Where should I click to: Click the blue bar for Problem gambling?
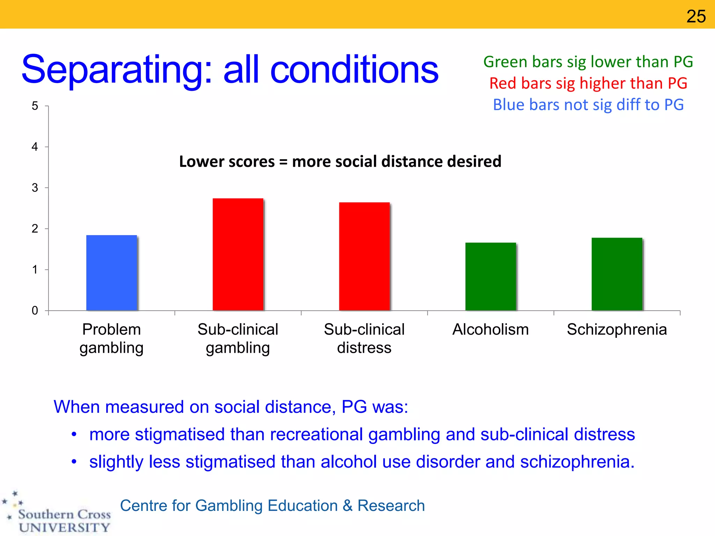pos(112,273)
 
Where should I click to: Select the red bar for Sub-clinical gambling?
pos(238,254)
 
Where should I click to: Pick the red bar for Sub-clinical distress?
pos(364,256)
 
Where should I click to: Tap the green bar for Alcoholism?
pos(491,276)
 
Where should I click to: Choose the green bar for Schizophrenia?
pos(617,274)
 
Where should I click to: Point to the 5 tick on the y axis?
pos(35,106)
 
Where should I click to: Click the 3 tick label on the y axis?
pos(35,188)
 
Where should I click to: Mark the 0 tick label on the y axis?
pos(35,311)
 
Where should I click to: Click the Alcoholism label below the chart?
pos(491,329)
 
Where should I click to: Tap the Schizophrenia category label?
pos(617,329)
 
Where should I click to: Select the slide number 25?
pos(696,16)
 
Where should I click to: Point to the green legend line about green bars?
pos(588,62)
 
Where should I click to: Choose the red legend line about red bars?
pos(588,83)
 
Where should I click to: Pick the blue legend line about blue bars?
pos(588,105)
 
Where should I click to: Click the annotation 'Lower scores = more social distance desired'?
pos(340,162)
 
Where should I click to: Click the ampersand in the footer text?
pos(348,506)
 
